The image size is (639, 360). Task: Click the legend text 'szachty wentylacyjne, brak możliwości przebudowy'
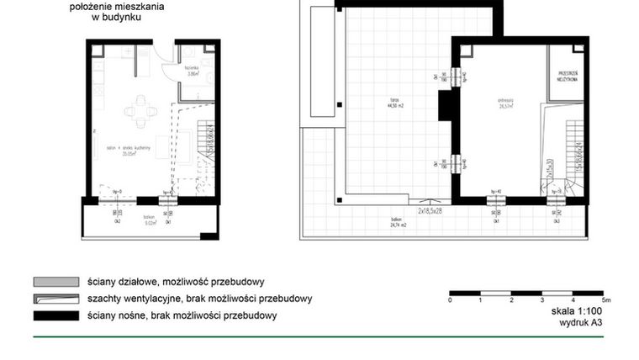[x=199, y=299]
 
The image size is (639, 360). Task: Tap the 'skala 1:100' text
[x=572, y=310]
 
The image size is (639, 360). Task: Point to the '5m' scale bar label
[x=605, y=299]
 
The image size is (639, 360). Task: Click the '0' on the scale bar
[x=451, y=299]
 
